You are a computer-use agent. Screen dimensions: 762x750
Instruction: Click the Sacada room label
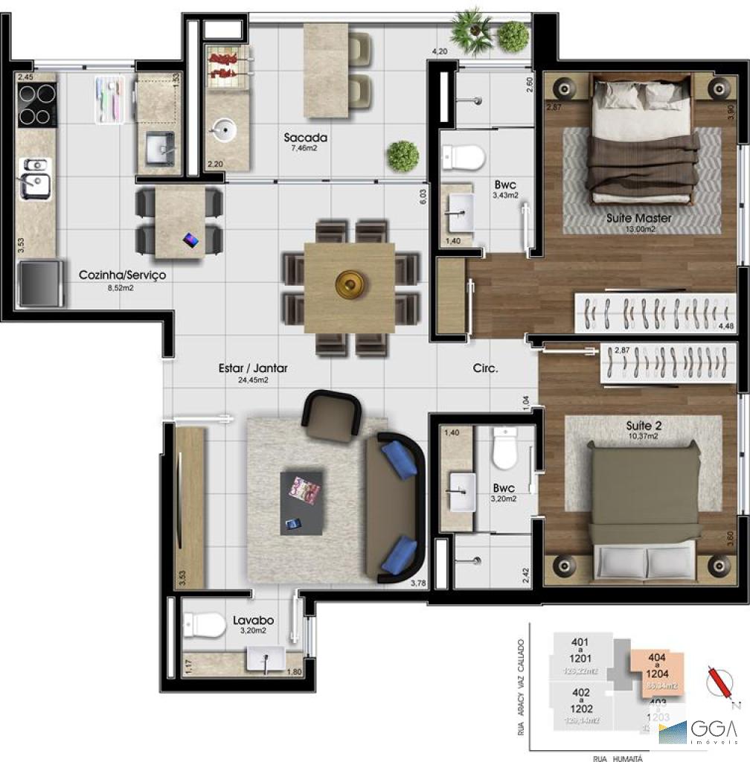click(x=305, y=138)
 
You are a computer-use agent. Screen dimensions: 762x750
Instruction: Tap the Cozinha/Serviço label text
click(x=122, y=275)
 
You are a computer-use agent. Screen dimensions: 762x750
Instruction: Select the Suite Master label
click(x=638, y=218)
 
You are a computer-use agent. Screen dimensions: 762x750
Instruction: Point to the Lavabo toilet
click(x=205, y=624)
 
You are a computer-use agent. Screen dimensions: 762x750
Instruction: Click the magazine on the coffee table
click(x=304, y=490)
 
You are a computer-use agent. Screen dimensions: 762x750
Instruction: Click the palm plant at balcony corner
click(x=472, y=30)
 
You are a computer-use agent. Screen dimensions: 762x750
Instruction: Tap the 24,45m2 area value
click(x=253, y=380)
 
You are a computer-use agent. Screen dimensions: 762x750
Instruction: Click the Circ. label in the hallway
click(x=485, y=368)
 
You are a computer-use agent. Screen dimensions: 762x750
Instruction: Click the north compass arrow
click(x=719, y=681)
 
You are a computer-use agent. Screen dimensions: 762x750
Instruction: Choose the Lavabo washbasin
click(x=264, y=659)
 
